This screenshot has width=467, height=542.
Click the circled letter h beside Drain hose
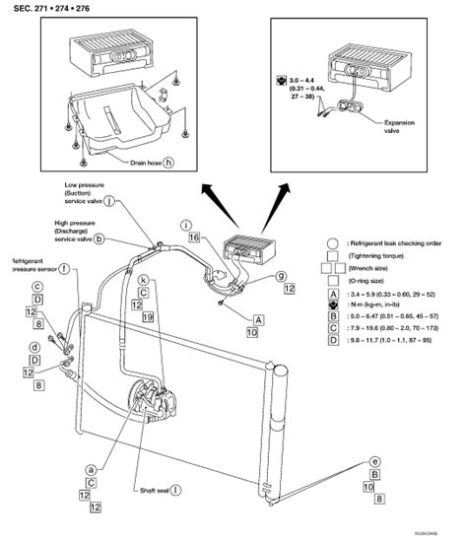(167, 162)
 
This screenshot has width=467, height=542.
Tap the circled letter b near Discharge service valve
(99, 238)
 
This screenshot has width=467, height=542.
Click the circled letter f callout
(64, 268)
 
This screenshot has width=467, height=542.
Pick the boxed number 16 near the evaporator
(195, 237)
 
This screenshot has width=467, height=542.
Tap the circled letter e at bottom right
(374, 461)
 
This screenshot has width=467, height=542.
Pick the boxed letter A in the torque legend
(335, 295)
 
